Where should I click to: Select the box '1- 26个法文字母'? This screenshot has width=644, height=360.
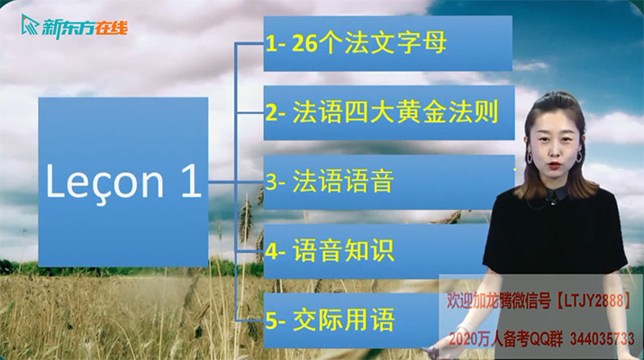point(388,43)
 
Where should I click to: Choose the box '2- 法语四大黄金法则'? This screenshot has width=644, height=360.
point(388,112)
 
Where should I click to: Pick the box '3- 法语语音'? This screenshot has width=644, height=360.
point(388,182)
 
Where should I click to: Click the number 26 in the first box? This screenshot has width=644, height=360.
point(304,44)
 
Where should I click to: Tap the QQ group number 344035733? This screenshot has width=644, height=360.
point(606,338)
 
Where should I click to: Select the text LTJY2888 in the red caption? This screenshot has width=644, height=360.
point(598,298)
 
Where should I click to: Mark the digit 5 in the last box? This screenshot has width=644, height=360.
point(271,319)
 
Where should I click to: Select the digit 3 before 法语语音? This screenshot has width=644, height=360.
point(271,182)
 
